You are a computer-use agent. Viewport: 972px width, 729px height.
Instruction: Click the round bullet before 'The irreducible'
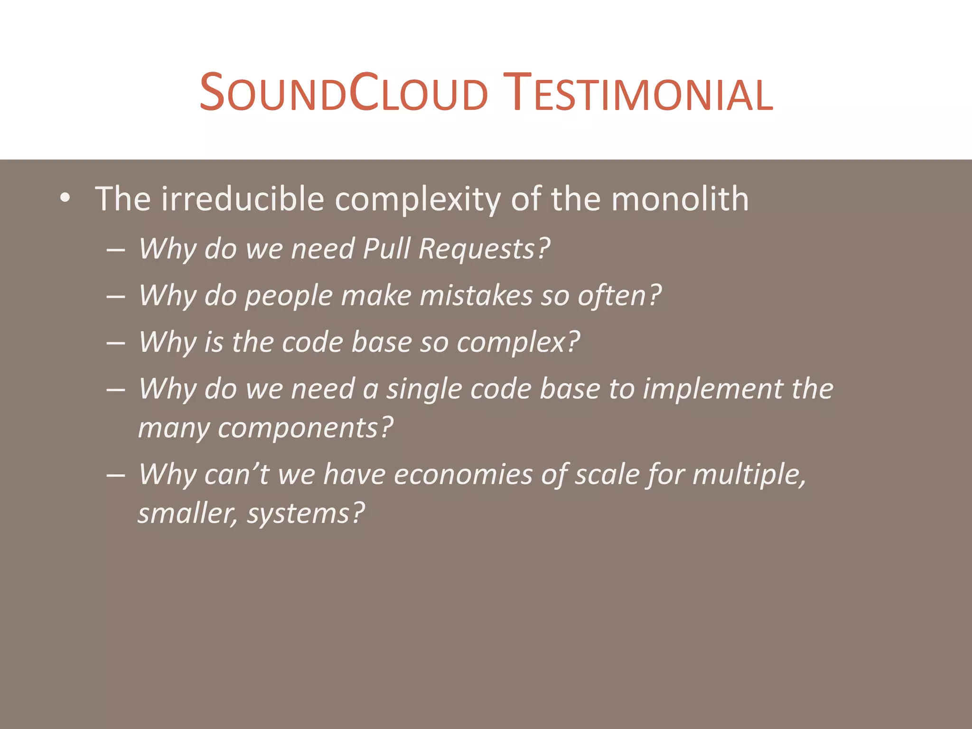point(65,198)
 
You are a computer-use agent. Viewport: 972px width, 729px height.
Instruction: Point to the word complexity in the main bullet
point(417,199)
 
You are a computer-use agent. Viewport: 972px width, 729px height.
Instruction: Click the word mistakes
point(476,295)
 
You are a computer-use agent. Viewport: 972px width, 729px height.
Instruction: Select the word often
point(619,295)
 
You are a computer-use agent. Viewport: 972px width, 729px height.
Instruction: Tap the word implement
point(712,389)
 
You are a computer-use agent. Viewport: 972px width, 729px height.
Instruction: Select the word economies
point(463,474)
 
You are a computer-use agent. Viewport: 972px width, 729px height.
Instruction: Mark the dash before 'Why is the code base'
point(116,343)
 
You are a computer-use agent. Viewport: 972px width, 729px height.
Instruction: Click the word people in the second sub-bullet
point(289,296)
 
